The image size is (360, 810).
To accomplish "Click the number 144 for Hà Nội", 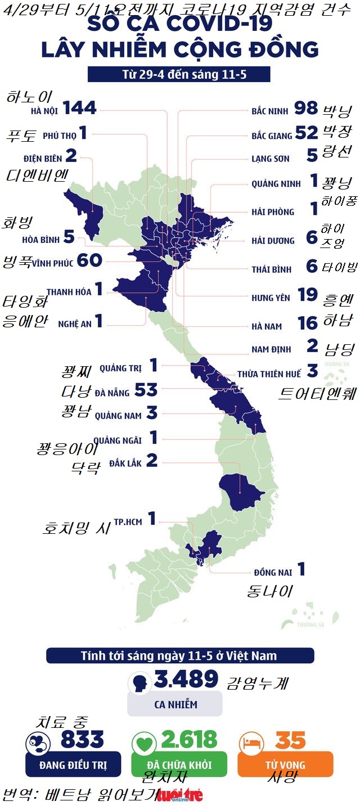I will pos(80,107).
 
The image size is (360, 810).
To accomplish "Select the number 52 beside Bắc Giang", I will pos(307,133).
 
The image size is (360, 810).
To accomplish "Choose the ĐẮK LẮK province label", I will pos(125,463).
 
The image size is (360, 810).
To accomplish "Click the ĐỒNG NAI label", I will pos(273,573).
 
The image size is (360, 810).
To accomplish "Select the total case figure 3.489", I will pos(186,679).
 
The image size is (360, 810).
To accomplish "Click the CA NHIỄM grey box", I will pos(175,704).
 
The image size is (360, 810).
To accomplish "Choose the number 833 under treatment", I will pos(82,740).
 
